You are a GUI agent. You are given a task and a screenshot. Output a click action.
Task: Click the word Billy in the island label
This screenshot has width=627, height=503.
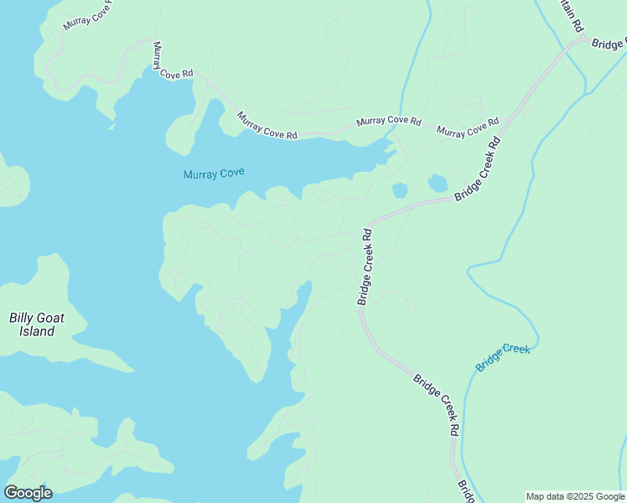point(22,318)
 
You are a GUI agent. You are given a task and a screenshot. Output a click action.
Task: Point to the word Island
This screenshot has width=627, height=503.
point(37,331)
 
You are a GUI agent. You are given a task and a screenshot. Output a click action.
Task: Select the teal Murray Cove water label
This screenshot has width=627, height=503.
point(214,174)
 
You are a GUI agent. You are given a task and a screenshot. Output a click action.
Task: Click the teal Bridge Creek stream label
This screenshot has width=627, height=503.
point(503,358)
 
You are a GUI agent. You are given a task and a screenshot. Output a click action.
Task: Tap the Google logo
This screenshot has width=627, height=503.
point(28,493)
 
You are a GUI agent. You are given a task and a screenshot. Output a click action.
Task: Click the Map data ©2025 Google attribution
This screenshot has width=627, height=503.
point(575,496)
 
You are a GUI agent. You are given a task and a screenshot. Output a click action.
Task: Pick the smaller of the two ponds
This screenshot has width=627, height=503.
point(400,190)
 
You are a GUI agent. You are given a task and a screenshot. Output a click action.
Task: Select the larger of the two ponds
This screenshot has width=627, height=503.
point(438,183)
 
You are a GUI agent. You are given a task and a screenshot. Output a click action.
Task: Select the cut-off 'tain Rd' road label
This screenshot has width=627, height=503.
point(573,18)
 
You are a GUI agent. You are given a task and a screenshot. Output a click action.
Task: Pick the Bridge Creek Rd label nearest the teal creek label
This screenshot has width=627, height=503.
point(436,405)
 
